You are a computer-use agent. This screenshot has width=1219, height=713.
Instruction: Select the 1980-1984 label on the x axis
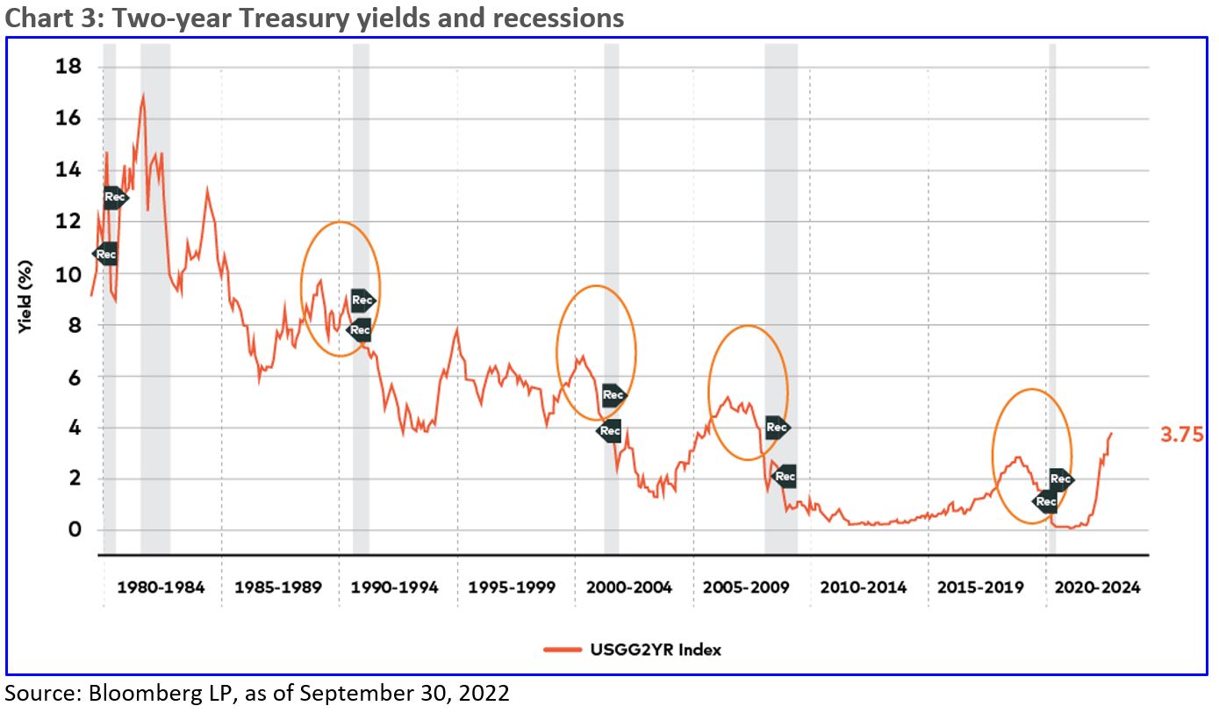coord(161,587)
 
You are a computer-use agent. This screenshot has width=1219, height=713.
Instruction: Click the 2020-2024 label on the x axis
coord(1097,587)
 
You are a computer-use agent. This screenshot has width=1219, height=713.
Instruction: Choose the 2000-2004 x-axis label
coord(629,587)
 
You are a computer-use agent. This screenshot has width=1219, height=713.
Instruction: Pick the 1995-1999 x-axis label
coord(512,587)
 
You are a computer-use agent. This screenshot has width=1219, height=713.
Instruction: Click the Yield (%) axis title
coord(25,299)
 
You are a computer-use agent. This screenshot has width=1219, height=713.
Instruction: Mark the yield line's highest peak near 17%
coord(143,97)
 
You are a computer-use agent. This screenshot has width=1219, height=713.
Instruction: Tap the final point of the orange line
coord(1111,433)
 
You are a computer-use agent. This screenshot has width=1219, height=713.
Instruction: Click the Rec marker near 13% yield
coord(115,198)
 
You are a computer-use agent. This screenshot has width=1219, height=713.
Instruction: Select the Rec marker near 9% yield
coord(362,300)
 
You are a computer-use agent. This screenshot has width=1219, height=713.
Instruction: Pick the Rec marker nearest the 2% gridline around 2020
coord(1060,479)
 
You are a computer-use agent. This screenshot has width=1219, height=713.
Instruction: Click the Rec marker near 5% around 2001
coord(613,395)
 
